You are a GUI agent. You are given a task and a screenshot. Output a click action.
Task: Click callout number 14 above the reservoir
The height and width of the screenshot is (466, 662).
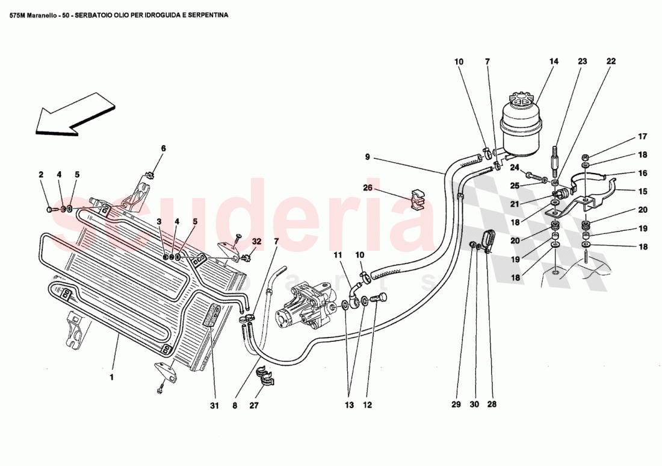coord(554,61)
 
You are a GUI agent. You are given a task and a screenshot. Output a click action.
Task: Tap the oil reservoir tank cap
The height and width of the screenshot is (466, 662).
coord(521,100)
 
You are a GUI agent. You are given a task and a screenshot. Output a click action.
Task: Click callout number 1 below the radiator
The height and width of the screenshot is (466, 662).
coord(111,378)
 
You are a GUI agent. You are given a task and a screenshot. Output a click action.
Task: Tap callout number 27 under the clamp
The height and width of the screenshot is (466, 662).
coord(254,405)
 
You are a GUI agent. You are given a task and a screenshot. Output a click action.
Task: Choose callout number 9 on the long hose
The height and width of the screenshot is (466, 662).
coord(367,157)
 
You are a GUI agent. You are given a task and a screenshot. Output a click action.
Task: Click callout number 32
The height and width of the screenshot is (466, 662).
coord(257,241)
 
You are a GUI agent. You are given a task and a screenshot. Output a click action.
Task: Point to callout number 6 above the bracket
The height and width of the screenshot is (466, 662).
coord(162,148)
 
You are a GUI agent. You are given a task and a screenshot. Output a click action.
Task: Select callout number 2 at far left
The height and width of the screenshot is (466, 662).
coord(41,175)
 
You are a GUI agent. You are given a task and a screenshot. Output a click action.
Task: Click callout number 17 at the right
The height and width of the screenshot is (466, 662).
coord(626,136)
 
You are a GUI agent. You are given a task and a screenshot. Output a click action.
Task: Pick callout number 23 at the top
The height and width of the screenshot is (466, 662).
coord(583,61)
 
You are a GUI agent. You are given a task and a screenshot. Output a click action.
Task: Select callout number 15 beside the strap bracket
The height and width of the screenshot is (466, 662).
coord(626,192)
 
